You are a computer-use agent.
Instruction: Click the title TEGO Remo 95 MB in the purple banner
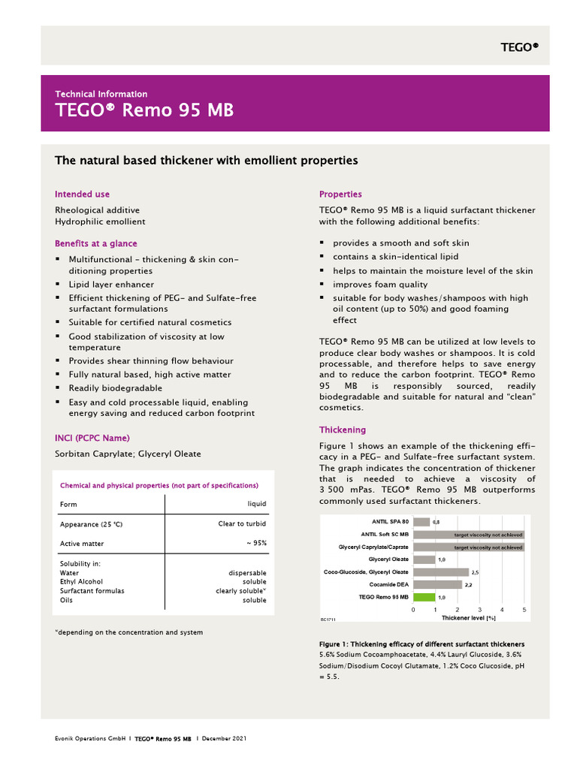pyautogui.click(x=144, y=110)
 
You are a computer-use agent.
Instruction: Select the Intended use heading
pyautogui.click(x=82, y=195)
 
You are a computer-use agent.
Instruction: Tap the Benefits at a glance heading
pyautogui.click(x=95, y=243)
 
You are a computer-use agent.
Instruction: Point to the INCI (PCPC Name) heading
pyautogui.click(x=92, y=438)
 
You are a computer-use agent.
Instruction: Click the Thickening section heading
pyautogui.click(x=342, y=430)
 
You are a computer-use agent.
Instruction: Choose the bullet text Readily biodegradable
pyautogui.click(x=115, y=388)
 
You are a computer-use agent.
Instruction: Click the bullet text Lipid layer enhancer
pyautogui.click(x=111, y=285)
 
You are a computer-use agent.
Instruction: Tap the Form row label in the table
pyautogui.click(x=68, y=504)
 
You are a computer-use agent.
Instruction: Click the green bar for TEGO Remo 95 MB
pyautogui.click(x=424, y=597)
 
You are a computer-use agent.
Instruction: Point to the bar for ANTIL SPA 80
pyautogui.click(x=421, y=521)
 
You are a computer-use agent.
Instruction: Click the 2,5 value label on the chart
pyautogui.click(x=476, y=572)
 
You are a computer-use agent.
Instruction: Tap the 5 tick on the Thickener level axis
pyautogui.click(x=524, y=609)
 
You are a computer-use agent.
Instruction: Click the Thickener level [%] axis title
pyautogui.click(x=468, y=617)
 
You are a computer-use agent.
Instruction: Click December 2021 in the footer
pyautogui.click(x=224, y=739)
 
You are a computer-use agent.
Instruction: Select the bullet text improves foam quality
pyautogui.click(x=380, y=285)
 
